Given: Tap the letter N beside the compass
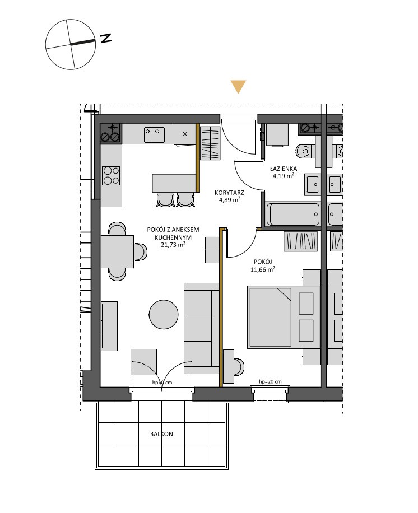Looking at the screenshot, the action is click(x=106, y=38).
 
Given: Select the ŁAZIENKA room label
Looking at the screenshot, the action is click(x=284, y=169).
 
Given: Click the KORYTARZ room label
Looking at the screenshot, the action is click(x=229, y=193).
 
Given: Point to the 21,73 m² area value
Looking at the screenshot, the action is click(x=173, y=244).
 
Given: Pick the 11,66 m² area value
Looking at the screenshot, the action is click(x=263, y=269).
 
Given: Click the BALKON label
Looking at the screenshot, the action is click(x=161, y=434).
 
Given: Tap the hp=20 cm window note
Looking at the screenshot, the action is click(x=270, y=381).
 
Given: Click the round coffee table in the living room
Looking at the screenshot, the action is click(x=164, y=314).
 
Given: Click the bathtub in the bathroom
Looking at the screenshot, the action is click(x=293, y=214).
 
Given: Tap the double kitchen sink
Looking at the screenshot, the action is click(x=154, y=135).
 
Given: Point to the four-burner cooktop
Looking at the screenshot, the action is click(x=111, y=176).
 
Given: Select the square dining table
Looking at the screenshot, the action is click(x=117, y=251).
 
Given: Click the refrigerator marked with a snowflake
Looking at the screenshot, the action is click(x=185, y=134).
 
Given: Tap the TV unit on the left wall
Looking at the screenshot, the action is click(x=109, y=326).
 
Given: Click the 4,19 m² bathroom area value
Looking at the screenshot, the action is click(x=284, y=176).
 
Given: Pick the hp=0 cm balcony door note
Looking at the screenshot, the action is click(x=162, y=382).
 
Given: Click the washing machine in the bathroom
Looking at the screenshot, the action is click(x=277, y=135).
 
